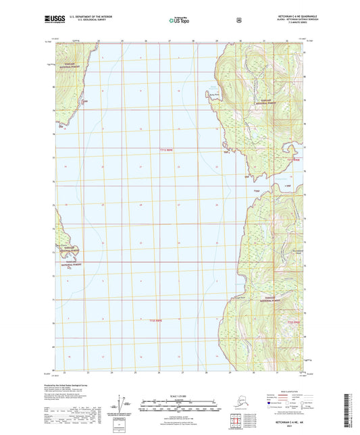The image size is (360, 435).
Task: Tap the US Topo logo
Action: tap(179, 21)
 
